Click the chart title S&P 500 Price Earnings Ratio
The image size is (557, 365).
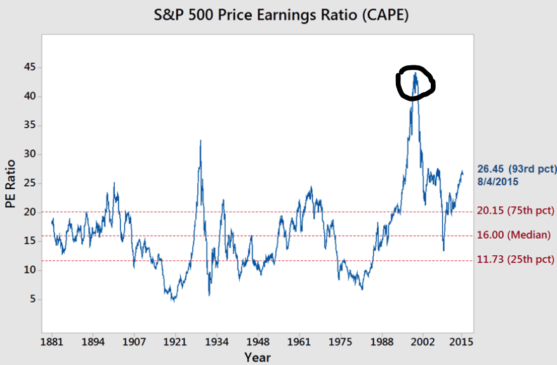coord(282,14)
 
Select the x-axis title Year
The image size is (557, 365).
coord(258,357)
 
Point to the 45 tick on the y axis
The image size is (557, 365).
coord(30,68)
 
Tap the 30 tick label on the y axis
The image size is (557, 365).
coord(30,155)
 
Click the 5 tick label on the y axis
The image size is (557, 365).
coord(32,300)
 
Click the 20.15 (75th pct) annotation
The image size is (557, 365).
coord(516,211)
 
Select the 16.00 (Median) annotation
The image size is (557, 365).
coord(514,235)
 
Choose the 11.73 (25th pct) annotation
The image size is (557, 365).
coord(516,260)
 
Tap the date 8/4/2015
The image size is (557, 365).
coord(498,182)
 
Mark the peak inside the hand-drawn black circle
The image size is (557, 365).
coord(415,73)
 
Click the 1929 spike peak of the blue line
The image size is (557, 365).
coord(200,140)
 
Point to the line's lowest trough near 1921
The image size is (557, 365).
coord(173,301)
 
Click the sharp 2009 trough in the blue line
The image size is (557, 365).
coord(443,250)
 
